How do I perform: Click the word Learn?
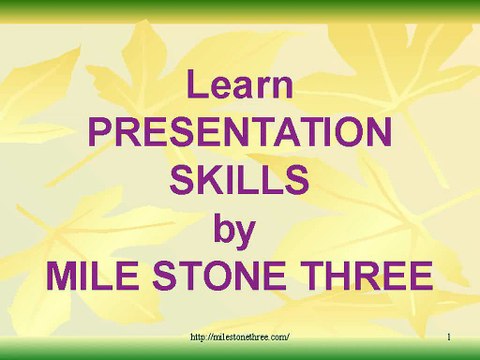240,84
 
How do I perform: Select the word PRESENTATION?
240,132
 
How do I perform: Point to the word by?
235,231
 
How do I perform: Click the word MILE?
92,276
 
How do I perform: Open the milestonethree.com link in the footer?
240,337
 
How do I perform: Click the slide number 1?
449,337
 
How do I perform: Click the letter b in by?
224,228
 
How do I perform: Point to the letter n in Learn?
284,87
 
